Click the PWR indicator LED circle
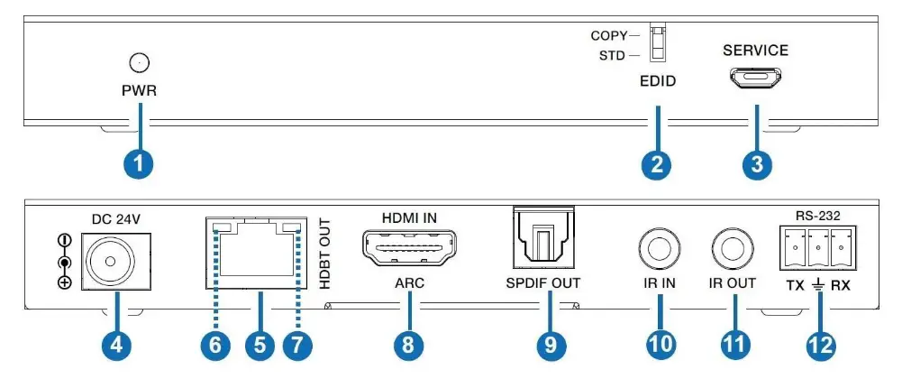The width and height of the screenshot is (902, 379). click(x=139, y=62)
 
